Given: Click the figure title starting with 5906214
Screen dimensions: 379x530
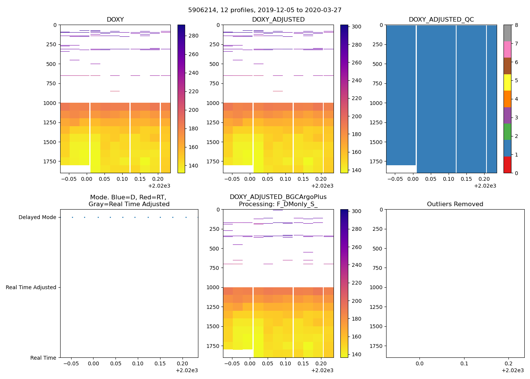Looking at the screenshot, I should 265,10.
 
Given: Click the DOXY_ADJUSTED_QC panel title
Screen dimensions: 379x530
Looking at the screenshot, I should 441,20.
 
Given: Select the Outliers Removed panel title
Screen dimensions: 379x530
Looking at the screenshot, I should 455,204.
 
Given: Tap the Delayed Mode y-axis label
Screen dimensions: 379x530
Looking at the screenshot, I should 37,218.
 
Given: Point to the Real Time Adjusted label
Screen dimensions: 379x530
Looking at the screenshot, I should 31,288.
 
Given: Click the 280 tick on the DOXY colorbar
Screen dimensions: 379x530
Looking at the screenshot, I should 193,36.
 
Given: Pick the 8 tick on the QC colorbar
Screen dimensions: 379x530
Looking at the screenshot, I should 516,25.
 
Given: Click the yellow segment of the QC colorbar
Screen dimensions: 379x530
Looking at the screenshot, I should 507,83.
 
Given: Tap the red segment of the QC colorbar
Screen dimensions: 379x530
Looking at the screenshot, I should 507,165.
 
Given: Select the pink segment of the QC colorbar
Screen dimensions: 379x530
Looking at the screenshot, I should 507,50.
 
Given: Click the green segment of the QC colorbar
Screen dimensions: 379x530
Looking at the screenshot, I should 507,132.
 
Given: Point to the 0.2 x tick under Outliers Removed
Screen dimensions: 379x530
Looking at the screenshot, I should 509,364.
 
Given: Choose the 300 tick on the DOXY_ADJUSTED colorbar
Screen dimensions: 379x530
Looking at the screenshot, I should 357,27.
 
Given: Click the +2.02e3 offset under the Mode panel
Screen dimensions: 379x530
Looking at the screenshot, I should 187,371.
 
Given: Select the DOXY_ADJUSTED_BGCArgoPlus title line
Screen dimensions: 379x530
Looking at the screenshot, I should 278,197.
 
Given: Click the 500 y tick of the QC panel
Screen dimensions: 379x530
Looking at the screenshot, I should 377,64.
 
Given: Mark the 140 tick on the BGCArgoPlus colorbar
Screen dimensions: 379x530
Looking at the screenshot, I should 357,355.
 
